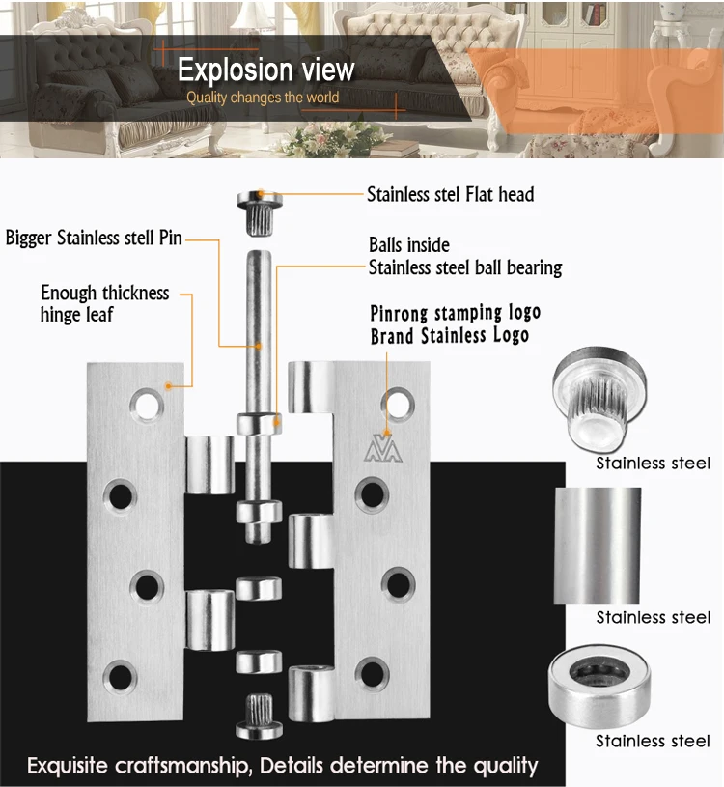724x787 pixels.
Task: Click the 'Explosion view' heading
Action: (266, 70)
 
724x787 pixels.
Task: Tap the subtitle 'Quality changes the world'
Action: (263, 98)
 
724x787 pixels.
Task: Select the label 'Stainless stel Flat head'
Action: (450, 195)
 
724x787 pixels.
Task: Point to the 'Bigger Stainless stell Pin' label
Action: (94, 238)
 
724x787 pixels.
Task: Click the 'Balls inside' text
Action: (409, 245)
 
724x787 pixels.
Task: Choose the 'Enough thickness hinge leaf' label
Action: (104, 303)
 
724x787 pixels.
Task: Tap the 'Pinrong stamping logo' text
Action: (456, 313)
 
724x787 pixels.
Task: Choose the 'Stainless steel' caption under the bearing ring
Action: (653, 741)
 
